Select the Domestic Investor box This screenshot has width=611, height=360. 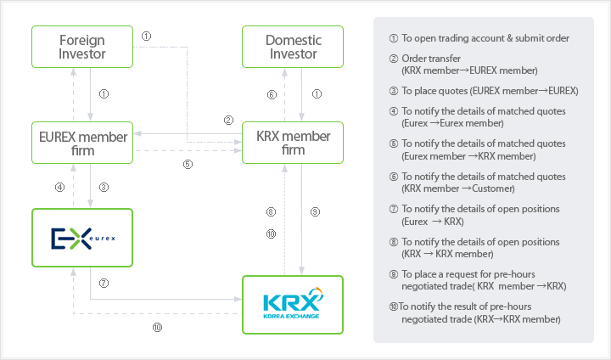point(293,47)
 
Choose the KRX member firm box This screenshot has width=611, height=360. point(293,143)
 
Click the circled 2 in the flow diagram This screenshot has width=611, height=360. point(228,121)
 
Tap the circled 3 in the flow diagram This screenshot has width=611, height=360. point(104,188)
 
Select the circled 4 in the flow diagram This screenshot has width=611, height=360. point(59,188)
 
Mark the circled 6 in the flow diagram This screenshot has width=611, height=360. point(272,94)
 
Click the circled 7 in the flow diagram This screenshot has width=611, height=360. point(104,283)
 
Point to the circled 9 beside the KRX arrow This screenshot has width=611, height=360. point(316,211)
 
